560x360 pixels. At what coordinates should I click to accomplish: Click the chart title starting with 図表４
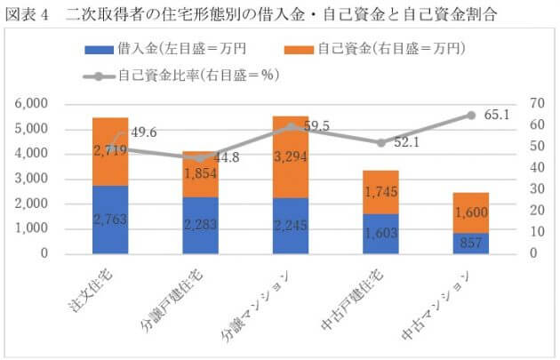point(266,15)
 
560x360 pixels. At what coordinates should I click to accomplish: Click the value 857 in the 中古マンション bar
point(471,243)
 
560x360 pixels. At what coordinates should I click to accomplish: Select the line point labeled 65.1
point(471,116)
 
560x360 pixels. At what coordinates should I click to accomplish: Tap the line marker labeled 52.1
point(380,142)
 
